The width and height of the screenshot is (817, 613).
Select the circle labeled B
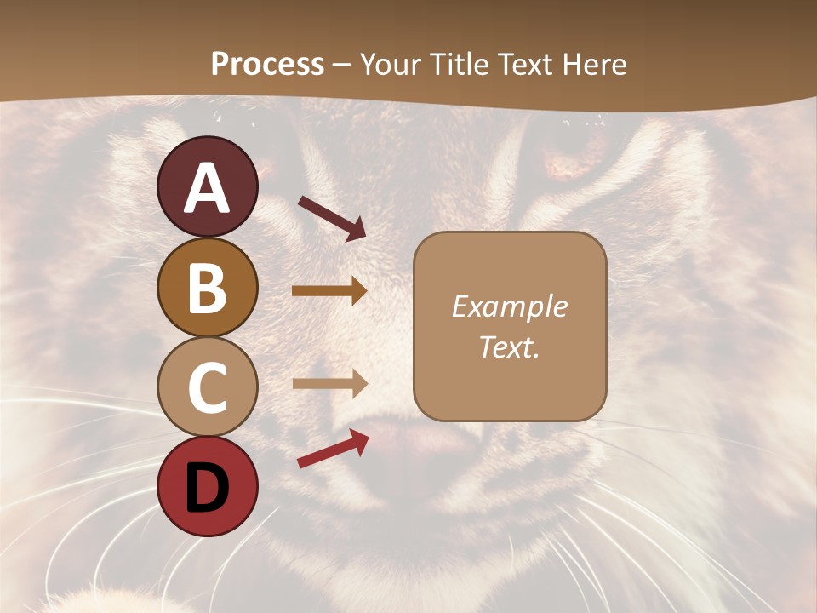pos(208,288)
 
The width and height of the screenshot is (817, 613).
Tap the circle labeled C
pos(208,387)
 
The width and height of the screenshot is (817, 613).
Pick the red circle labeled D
pos(208,486)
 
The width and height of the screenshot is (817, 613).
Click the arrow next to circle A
pos(331,217)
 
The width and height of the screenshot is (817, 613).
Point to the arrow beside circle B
pos(329,290)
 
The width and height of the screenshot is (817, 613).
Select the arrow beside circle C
pos(329,383)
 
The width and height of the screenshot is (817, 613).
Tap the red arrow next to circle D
pos(333,449)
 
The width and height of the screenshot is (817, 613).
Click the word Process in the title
pos(267,64)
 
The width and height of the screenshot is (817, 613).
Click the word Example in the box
pos(509,306)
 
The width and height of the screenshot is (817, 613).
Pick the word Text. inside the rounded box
pos(509,347)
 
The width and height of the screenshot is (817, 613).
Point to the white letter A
pos(208,189)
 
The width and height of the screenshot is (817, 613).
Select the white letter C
pos(208,387)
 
